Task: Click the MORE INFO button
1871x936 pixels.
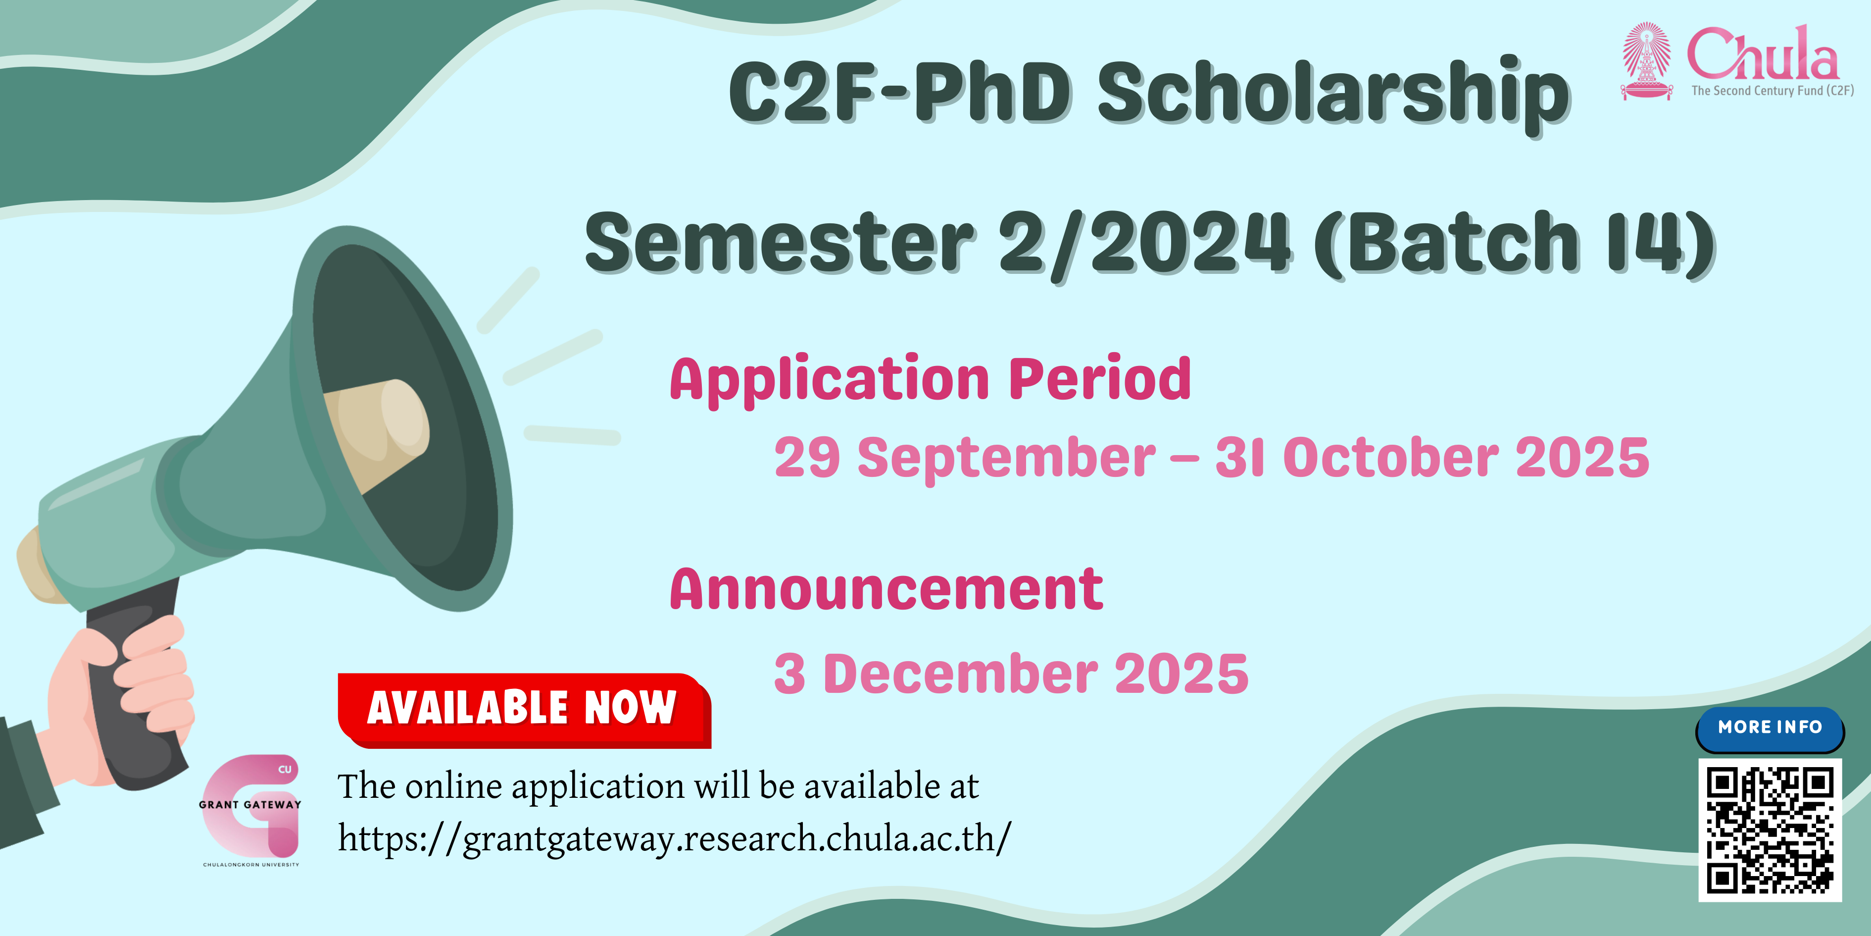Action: pyautogui.click(x=1770, y=728)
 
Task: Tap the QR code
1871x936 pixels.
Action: pyautogui.click(x=1770, y=830)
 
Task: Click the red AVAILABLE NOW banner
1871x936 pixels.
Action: pyautogui.click(x=524, y=710)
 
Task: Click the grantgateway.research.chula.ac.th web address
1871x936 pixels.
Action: pyautogui.click(x=674, y=838)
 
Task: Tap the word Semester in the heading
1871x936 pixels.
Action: pyautogui.click(x=780, y=244)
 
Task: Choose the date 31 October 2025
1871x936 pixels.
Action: pyautogui.click(x=1432, y=458)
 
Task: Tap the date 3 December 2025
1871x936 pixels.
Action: pyautogui.click(x=1011, y=674)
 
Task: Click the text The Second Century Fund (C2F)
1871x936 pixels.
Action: pyautogui.click(x=1772, y=91)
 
